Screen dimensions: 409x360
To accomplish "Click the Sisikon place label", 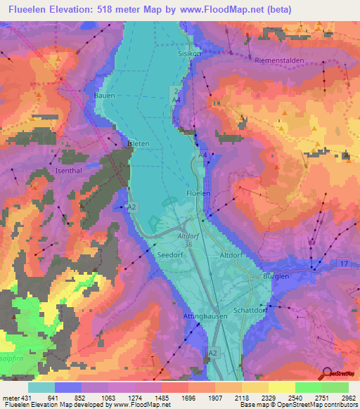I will click(188, 53).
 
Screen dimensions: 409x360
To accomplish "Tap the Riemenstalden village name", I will click(280, 61).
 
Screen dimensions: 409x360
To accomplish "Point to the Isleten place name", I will click(137, 143).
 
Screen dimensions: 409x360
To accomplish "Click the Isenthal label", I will click(70, 170).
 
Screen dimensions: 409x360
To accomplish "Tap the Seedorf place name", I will click(171, 256).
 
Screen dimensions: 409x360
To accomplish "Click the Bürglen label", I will click(276, 277).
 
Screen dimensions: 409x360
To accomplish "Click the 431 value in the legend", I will click(24, 397).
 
